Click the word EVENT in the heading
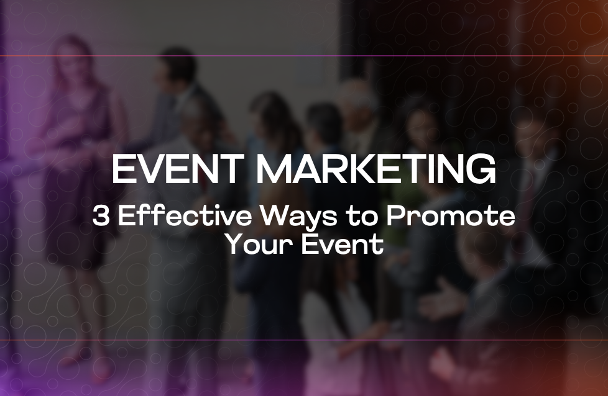173,169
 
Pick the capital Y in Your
233,245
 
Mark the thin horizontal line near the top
304,56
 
